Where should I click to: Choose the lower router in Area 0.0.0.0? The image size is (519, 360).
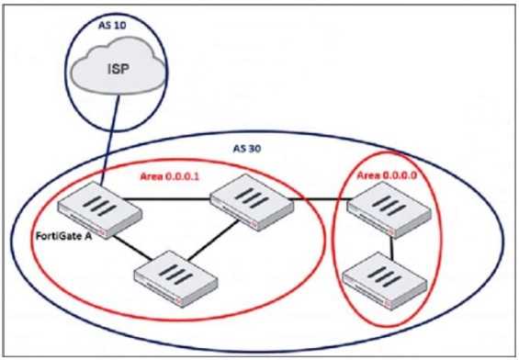click(385, 276)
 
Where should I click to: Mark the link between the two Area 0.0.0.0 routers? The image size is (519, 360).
click(392, 241)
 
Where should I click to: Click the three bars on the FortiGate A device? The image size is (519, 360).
click(99, 208)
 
